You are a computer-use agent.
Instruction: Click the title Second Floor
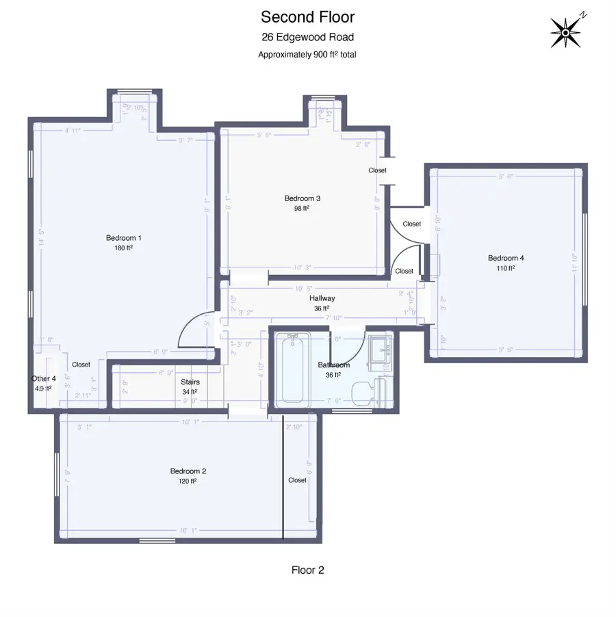point(307,16)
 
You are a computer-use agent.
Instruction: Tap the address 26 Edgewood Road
point(307,38)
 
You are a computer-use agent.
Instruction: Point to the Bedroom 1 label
point(124,238)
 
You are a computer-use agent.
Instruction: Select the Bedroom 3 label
point(303,198)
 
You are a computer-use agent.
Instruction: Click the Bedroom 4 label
point(506,258)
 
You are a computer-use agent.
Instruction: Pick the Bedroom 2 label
point(188,471)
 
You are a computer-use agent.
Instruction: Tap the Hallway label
point(322,298)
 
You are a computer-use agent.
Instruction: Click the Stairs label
point(190,382)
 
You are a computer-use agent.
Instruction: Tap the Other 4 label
point(43,378)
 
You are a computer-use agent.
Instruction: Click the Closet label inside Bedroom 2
point(298,480)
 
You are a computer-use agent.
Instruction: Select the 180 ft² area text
point(124,248)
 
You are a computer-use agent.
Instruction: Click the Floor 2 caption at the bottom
point(307,570)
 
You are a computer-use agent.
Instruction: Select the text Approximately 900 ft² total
point(307,55)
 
